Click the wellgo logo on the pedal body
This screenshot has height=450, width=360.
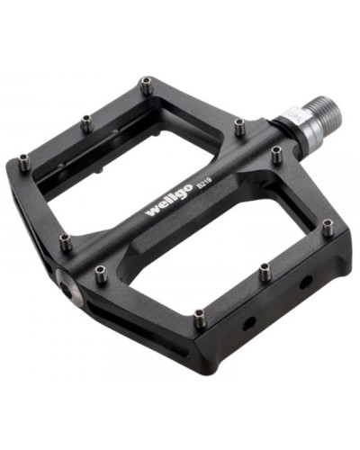168,200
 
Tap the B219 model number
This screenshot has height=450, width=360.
204,182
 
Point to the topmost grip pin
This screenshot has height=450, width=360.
146,85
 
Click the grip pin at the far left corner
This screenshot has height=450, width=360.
24,162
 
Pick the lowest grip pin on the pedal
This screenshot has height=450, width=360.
200,319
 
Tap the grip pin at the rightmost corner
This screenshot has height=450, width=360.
328,227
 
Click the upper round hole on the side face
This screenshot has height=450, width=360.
306,282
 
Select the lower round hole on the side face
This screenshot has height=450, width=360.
249,323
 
